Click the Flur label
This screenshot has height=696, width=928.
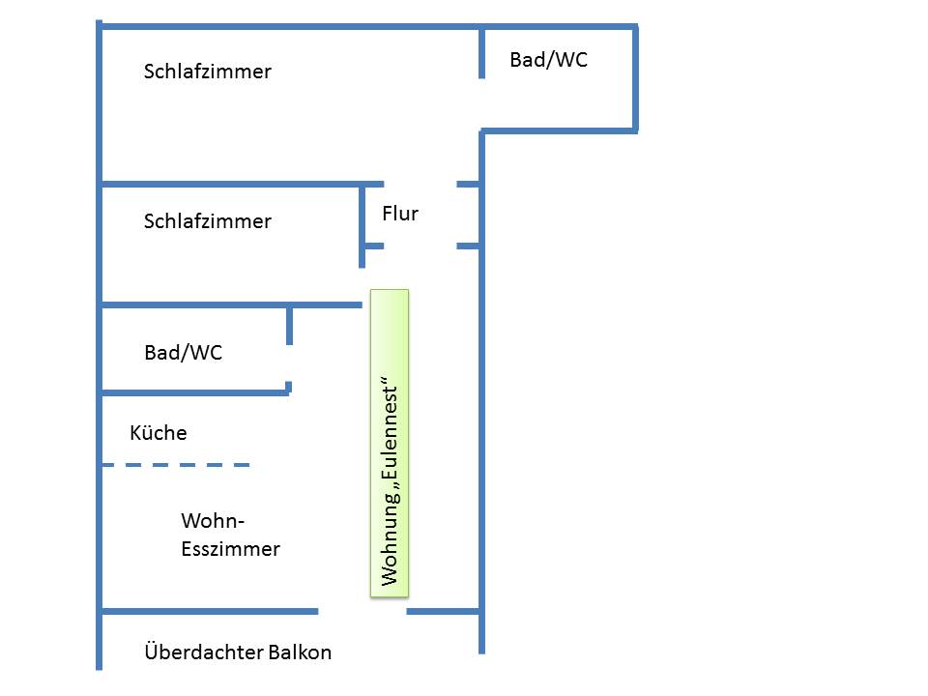point(400,214)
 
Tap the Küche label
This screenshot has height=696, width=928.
point(159,433)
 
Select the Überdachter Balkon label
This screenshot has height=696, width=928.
point(238,652)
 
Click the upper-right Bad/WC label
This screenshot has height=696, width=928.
point(548,60)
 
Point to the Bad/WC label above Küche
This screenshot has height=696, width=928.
point(183,353)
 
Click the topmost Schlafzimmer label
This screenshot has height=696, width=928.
point(207,72)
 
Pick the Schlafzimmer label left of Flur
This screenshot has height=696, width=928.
point(207,221)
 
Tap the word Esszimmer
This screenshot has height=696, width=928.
point(231,549)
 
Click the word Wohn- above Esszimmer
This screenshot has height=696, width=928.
point(214,522)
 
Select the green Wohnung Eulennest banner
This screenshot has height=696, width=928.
point(390,443)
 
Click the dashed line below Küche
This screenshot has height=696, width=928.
point(175,465)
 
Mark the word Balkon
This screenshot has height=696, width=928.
point(299,652)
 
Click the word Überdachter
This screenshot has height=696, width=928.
point(202,652)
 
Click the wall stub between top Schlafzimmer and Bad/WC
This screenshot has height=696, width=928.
point(481,53)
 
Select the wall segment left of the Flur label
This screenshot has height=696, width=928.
point(362,224)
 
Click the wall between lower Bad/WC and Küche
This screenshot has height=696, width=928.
point(193,392)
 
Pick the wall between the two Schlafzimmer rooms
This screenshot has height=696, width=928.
point(232,184)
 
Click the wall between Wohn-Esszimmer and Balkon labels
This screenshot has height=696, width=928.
point(209,611)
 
